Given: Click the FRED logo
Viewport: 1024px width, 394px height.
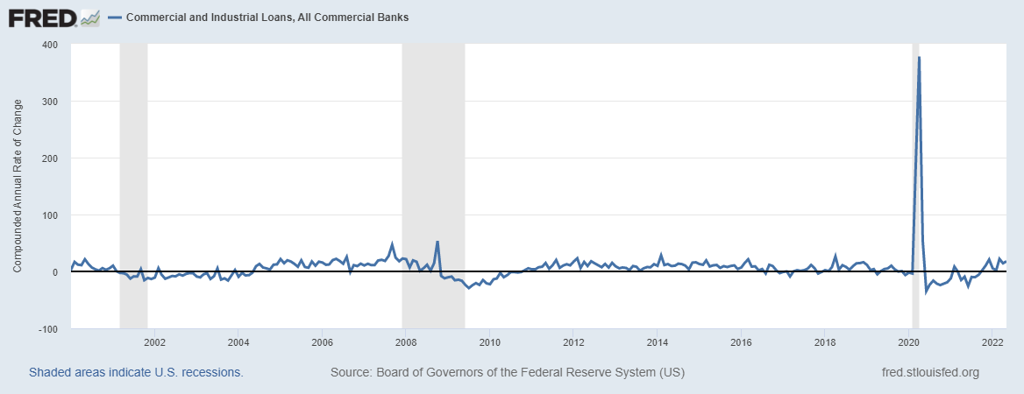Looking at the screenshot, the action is point(53,18).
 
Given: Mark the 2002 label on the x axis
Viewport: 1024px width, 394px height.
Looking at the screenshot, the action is point(154,341).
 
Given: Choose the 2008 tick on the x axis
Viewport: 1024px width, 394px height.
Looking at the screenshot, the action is point(406,341).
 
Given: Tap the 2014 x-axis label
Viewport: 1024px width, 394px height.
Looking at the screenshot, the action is point(658,341).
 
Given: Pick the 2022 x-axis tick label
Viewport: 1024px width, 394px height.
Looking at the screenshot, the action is point(992,341).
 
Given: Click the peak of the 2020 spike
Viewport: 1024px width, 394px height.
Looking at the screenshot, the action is point(919,58).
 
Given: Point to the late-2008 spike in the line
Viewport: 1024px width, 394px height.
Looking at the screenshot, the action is point(437,242).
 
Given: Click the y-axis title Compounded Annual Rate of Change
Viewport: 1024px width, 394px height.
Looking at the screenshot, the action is point(18,186).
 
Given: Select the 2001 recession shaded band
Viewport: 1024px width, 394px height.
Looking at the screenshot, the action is point(133,186).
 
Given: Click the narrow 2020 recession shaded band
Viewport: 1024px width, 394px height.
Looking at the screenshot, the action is point(915,186).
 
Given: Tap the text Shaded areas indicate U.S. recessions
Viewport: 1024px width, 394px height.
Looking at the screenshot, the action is point(136,372).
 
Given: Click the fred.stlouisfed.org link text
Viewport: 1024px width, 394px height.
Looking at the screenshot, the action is point(930,372).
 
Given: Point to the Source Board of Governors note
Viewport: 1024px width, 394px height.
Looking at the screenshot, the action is point(508,372).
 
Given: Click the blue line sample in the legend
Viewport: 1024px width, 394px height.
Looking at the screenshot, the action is point(114,18).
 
